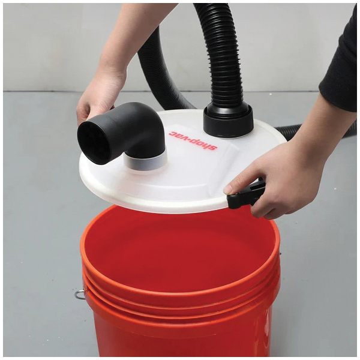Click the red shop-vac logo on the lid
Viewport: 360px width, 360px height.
pyautogui.click(x=193, y=140)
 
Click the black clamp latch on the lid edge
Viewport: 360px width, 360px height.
pyautogui.click(x=246, y=194)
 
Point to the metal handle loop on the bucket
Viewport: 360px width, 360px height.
pyautogui.click(x=79, y=295)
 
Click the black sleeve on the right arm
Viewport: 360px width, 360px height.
pyautogui.click(x=340, y=67)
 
